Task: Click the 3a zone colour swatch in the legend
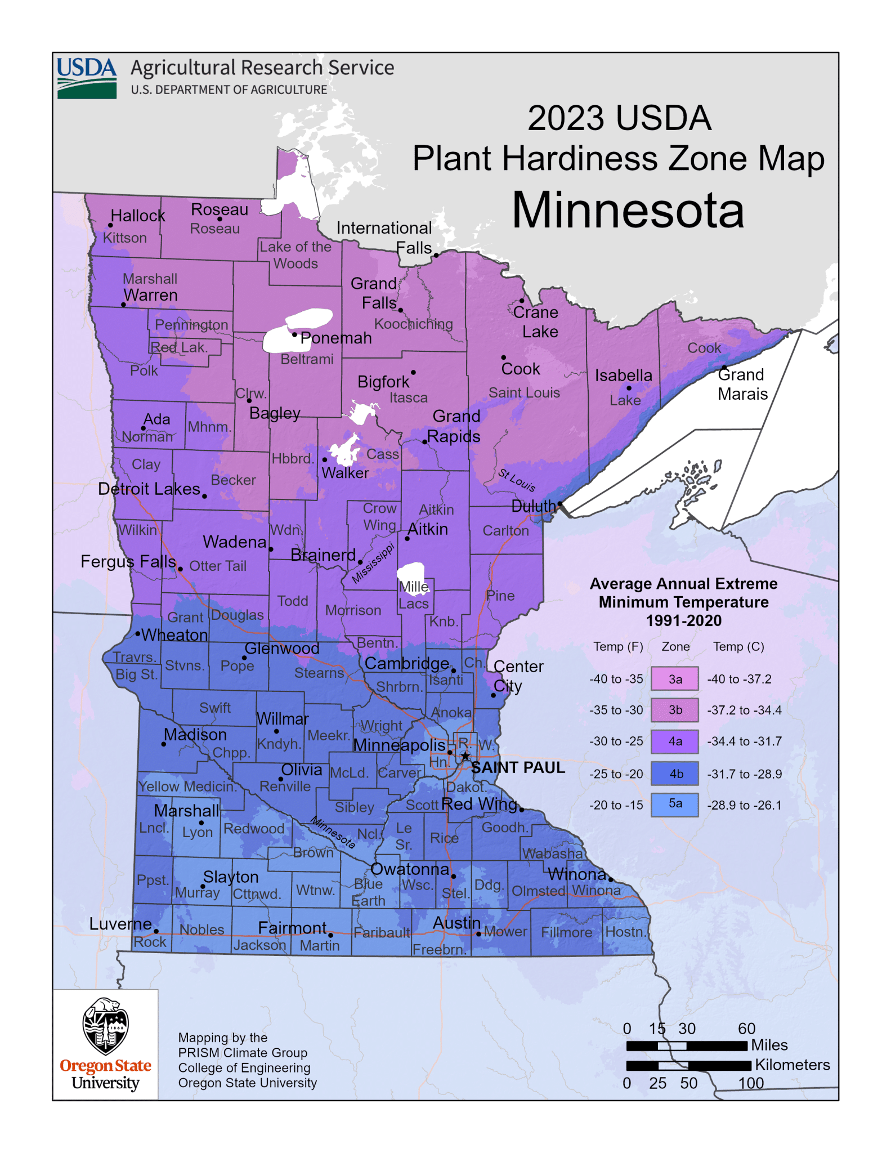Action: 674,679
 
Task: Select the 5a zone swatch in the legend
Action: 674,805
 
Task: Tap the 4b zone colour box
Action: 674,774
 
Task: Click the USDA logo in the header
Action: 87,78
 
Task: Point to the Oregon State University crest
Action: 105,1026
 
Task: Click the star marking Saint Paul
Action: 465,756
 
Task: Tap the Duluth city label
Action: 532,506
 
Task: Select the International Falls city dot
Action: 436,255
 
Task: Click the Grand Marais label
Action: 742,384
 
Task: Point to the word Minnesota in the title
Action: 628,210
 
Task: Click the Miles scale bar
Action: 687,1045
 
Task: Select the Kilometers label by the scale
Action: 792,1065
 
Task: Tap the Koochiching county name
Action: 413,324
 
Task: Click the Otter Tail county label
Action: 217,566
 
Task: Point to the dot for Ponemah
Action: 294,334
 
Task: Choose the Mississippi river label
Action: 373,563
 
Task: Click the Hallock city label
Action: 138,216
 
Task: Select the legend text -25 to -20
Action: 616,774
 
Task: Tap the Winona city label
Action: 577,874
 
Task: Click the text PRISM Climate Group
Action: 243,1052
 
